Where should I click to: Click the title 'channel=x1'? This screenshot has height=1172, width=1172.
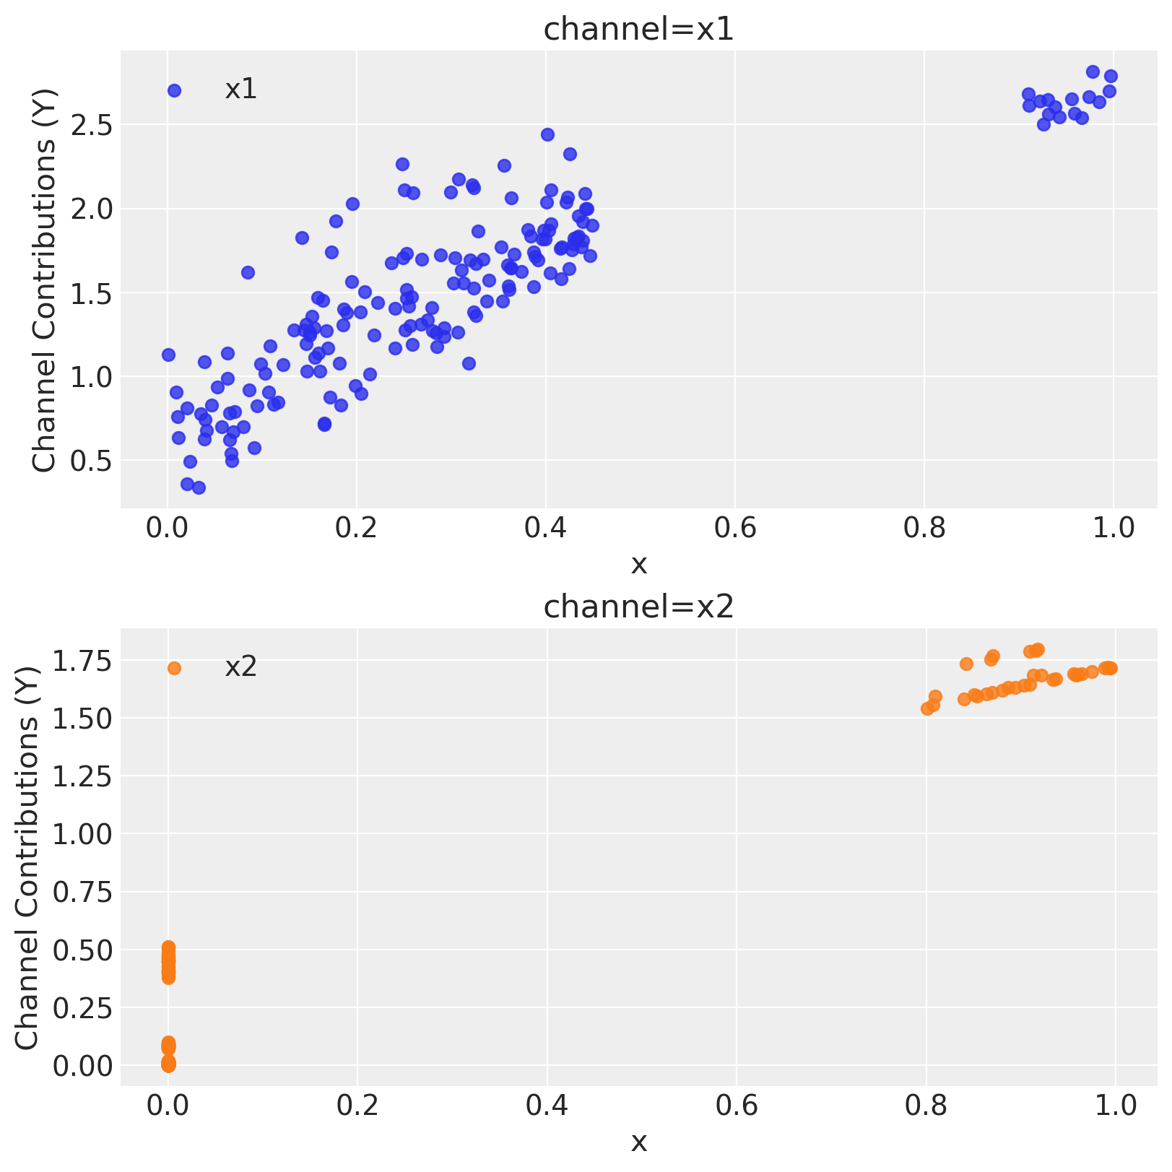(x=638, y=30)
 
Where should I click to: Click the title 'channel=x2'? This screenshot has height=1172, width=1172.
(x=638, y=607)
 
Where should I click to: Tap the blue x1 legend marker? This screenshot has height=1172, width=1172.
(x=174, y=90)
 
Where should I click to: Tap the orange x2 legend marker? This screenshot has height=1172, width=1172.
(x=174, y=668)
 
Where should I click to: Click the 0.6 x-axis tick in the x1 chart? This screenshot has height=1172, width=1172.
(x=735, y=528)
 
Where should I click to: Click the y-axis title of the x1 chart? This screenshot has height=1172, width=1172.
(x=45, y=280)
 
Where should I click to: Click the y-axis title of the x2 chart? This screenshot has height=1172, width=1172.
(x=27, y=857)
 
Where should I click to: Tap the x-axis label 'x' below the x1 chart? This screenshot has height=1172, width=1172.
(x=638, y=565)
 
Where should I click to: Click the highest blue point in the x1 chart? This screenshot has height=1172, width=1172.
(x=1093, y=72)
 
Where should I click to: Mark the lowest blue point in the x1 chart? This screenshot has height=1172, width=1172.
(x=199, y=487)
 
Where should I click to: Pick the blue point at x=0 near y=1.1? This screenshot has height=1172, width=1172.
(x=168, y=355)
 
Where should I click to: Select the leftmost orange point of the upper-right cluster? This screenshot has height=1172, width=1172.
(x=927, y=708)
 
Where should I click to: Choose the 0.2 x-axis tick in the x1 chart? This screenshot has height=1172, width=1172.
(x=357, y=528)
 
